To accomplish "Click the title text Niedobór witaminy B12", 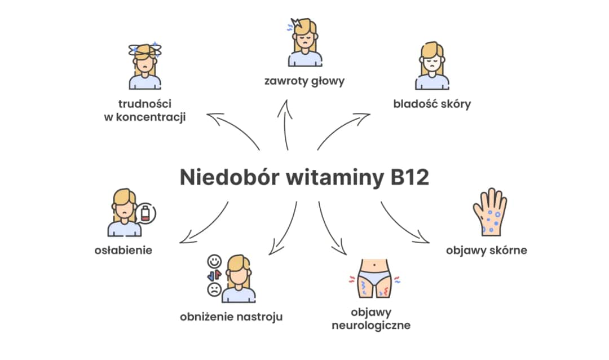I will pyautogui.click(x=304, y=177).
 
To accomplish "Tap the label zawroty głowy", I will pyautogui.click(x=304, y=81).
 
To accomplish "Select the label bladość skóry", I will pyautogui.click(x=432, y=104).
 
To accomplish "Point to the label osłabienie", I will pyautogui.click(x=123, y=249).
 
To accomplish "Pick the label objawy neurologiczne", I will pyautogui.click(x=370, y=319).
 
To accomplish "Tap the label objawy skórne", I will pyautogui.click(x=486, y=250).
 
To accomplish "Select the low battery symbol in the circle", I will pyautogui.click(x=147, y=214).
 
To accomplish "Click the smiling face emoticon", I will pyautogui.click(x=214, y=262).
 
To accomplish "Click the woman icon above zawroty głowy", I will pyautogui.click(x=304, y=42).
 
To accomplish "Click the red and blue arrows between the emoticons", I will pyautogui.click(x=214, y=276).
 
